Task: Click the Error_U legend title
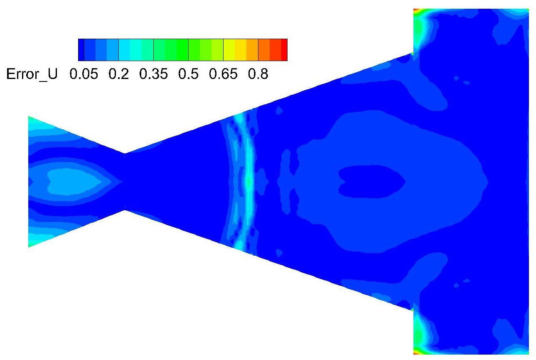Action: [x=32, y=74]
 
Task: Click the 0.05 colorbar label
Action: [x=84, y=74]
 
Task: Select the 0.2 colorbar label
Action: [x=119, y=74]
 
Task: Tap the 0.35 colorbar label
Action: [x=153, y=74]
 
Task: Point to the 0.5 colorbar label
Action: [x=188, y=74]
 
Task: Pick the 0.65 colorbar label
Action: [x=223, y=74]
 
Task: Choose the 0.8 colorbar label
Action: [x=258, y=74]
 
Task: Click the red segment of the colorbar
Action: [x=284, y=50]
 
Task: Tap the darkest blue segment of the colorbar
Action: [x=81, y=50]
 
